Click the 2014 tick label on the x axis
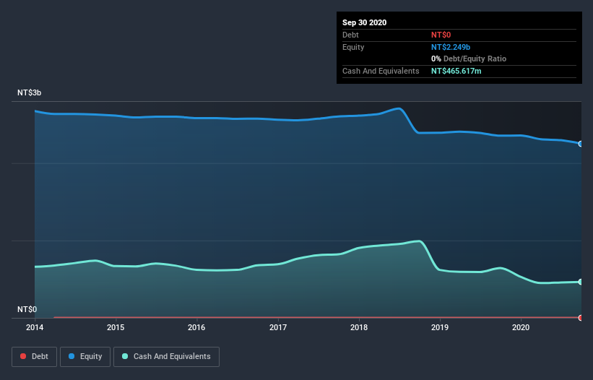pos(35,327)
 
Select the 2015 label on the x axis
pos(116,327)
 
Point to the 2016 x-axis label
pos(196,327)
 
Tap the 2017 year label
pos(278,327)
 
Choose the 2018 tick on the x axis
pos(359,327)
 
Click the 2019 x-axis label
pos(440,327)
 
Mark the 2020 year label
pos(521,327)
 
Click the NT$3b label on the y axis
pos(30,93)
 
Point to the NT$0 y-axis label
pos(27,309)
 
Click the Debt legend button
pos(34,356)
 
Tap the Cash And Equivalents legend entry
pos(166,356)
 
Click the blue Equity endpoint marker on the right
pos(581,144)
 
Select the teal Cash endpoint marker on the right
pos(581,282)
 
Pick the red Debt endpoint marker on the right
pos(581,318)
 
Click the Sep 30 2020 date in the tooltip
pos(365,22)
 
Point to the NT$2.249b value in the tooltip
pos(451,47)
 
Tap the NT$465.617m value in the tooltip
pos(460,71)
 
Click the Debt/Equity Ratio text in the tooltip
pos(474,59)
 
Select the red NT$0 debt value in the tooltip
pos(441,35)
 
